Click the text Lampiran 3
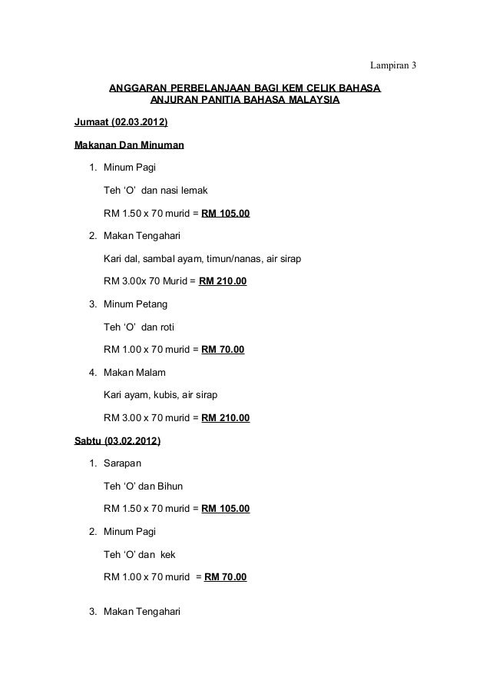(x=392, y=64)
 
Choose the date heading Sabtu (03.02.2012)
(x=118, y=442)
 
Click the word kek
(x=167, y=554)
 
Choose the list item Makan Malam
(x=134, y=373)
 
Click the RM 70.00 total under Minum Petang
(x=223, y=350)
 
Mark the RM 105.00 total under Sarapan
(x=225, y=509)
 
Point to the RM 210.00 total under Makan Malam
(x=225, y=419)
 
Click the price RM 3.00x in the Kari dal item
(x=124, y=282)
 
